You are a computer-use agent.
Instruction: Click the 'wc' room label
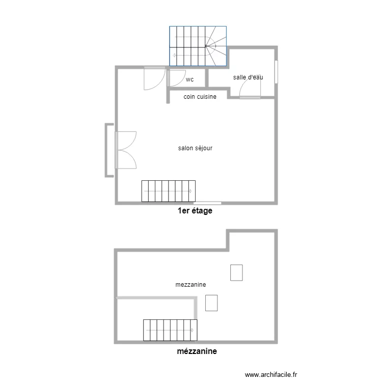point(189,79)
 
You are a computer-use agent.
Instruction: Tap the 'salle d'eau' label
point(248,77)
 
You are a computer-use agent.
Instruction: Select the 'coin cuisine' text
point(200,96)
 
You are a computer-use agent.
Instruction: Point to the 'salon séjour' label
point(195,148)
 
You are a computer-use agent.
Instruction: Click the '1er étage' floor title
point(195,211)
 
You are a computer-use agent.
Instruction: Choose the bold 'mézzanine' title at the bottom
point(197,351)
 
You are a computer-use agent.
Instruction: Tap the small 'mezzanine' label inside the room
point(190,285)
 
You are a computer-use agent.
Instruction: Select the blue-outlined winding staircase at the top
point(199,46)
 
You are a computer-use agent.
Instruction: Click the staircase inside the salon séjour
point(169,191)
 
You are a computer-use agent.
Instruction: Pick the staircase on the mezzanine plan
point(170,330)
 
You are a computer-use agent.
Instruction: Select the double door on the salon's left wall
point(126,150)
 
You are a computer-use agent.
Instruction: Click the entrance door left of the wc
point(154,78)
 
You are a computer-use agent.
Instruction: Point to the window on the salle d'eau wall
point(277,72)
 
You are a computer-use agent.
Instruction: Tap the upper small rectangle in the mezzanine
point(236,272)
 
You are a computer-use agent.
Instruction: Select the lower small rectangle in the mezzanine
point(211,303)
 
